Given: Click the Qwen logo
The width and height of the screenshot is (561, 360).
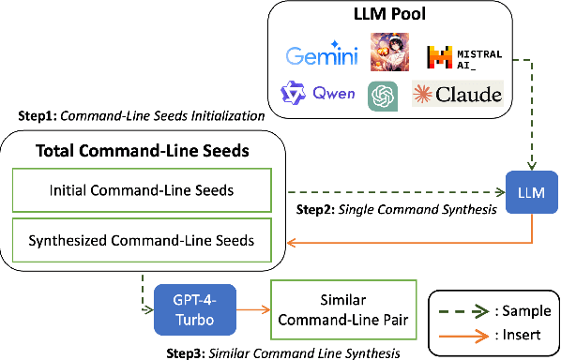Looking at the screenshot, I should click(x=318, y=94).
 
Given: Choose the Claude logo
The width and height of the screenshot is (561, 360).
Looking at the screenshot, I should click(x=458, y=94).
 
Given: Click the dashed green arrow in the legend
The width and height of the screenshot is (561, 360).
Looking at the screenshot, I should click(x=464, y=310).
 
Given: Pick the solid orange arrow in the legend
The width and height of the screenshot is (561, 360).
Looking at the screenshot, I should click(x=464, y=333).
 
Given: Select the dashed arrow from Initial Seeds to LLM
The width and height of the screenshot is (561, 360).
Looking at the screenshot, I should click(x=393, y=191).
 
